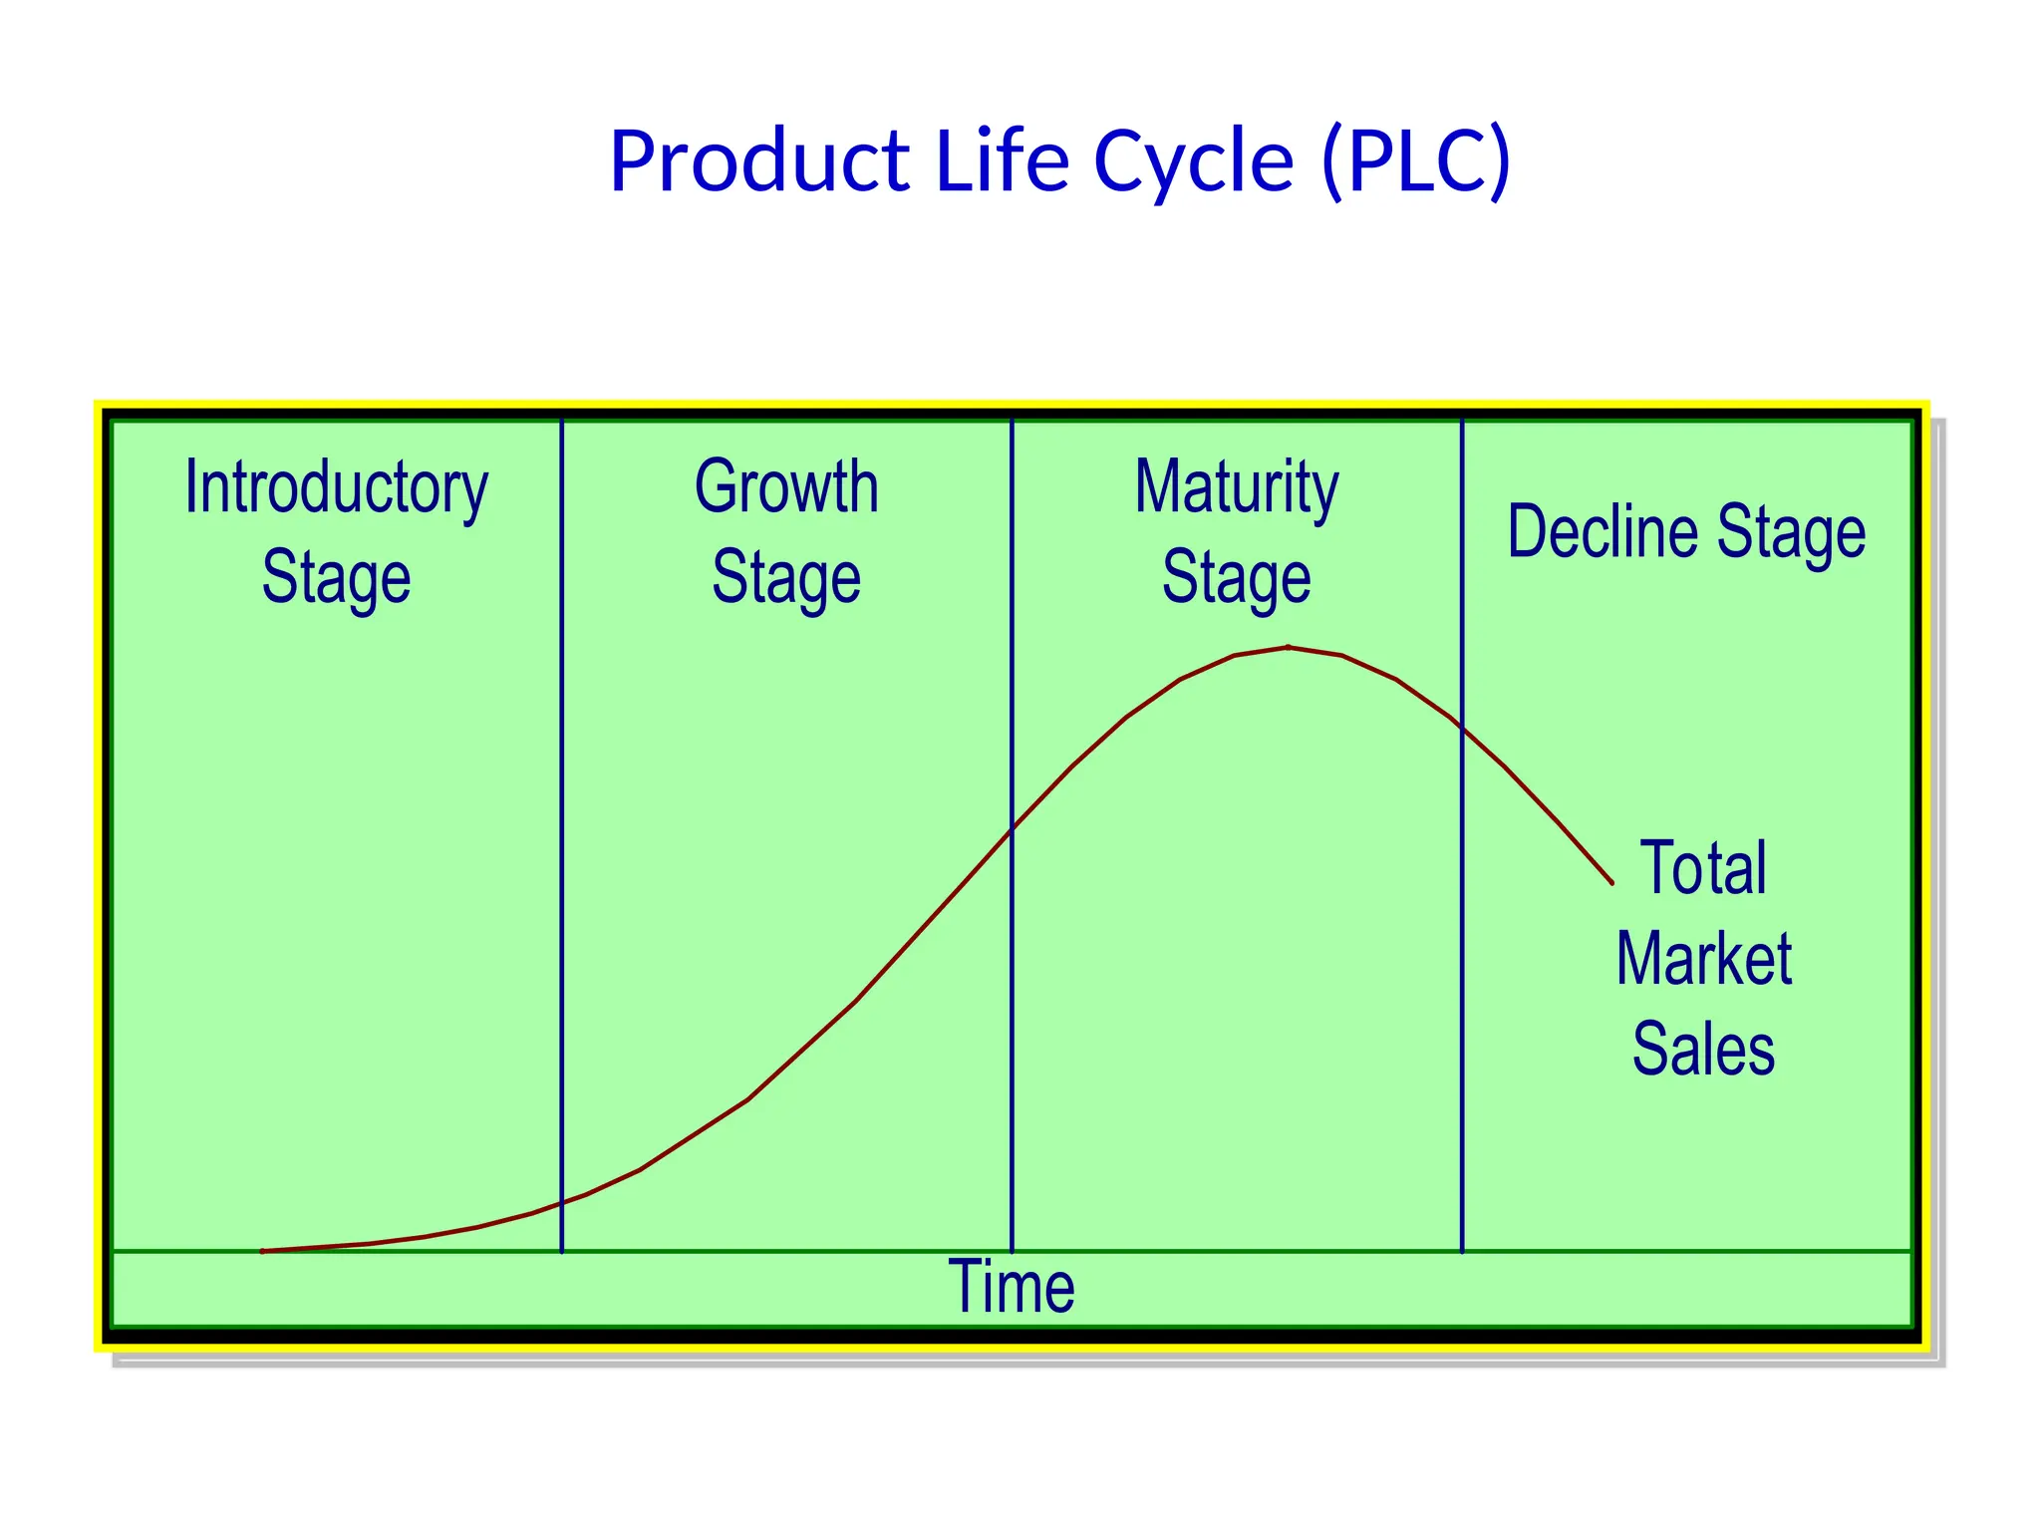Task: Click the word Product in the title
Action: tap(759, 161)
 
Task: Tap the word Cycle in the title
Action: tap(1194, 161)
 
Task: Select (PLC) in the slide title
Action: tap(1415, 161)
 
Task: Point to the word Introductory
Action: tap(337, 488)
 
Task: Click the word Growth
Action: tap(786, 488)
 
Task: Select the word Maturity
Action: tap(1237, 488)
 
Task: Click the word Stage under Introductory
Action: tap(337, 578)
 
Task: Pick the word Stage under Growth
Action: tap(786, 578)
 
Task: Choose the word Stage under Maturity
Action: tap(1237, 578)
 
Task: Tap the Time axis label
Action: tap(1011, 1287)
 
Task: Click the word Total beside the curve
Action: tap(1703, 868)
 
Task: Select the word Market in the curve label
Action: tap(1703, 959)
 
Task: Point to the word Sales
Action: tap(1703, 1050)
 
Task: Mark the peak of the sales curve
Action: tap(1289, 648)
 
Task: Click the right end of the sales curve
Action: tap(1611, 882)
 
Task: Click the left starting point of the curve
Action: tap(262, 1251)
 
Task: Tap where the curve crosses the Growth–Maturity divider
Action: tap(1012, 829)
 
